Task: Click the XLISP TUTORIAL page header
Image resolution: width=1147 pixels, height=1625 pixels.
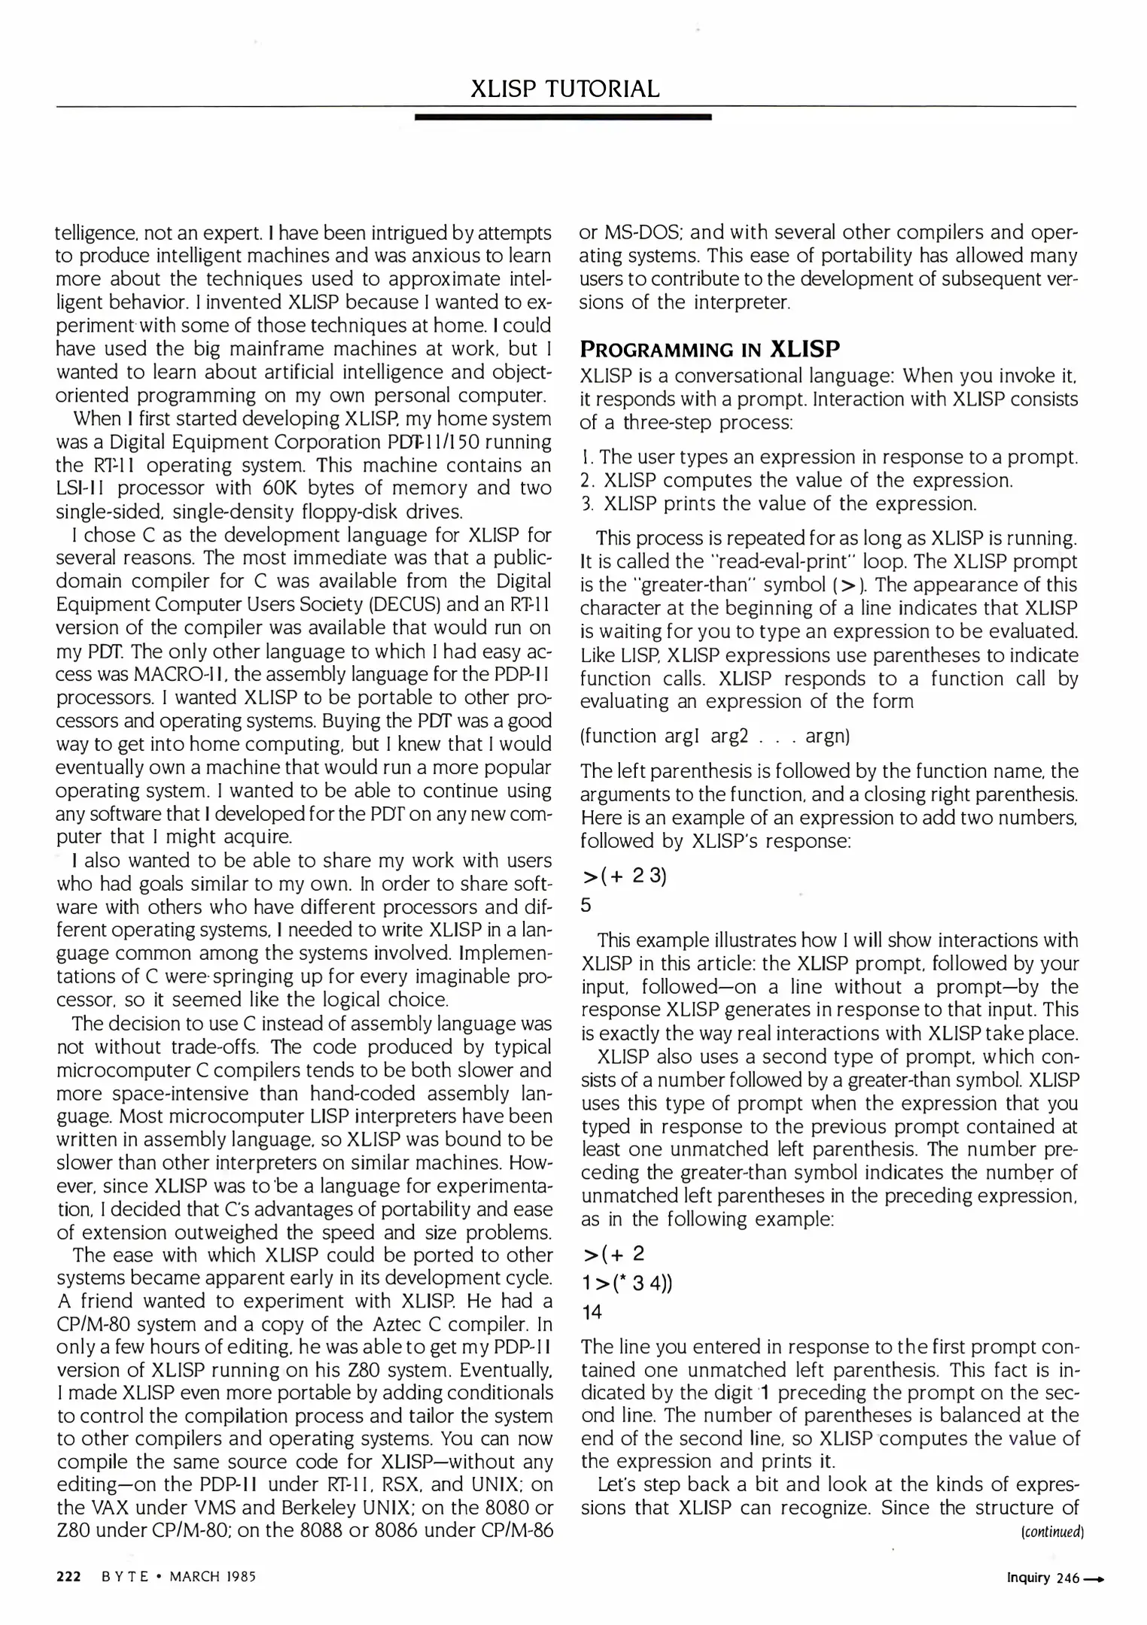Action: [564, 90]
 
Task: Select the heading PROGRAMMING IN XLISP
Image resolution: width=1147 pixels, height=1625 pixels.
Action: [710, 349]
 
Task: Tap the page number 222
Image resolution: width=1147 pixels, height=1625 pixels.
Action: [69, 1577]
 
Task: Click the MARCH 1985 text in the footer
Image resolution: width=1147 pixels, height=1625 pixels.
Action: [212, 1577]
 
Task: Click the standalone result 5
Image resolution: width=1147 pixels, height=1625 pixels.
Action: [586, 905]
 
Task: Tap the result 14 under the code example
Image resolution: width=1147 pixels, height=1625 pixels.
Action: [592, 1312]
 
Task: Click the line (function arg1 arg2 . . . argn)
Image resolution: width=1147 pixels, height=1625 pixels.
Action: [715, 736]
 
